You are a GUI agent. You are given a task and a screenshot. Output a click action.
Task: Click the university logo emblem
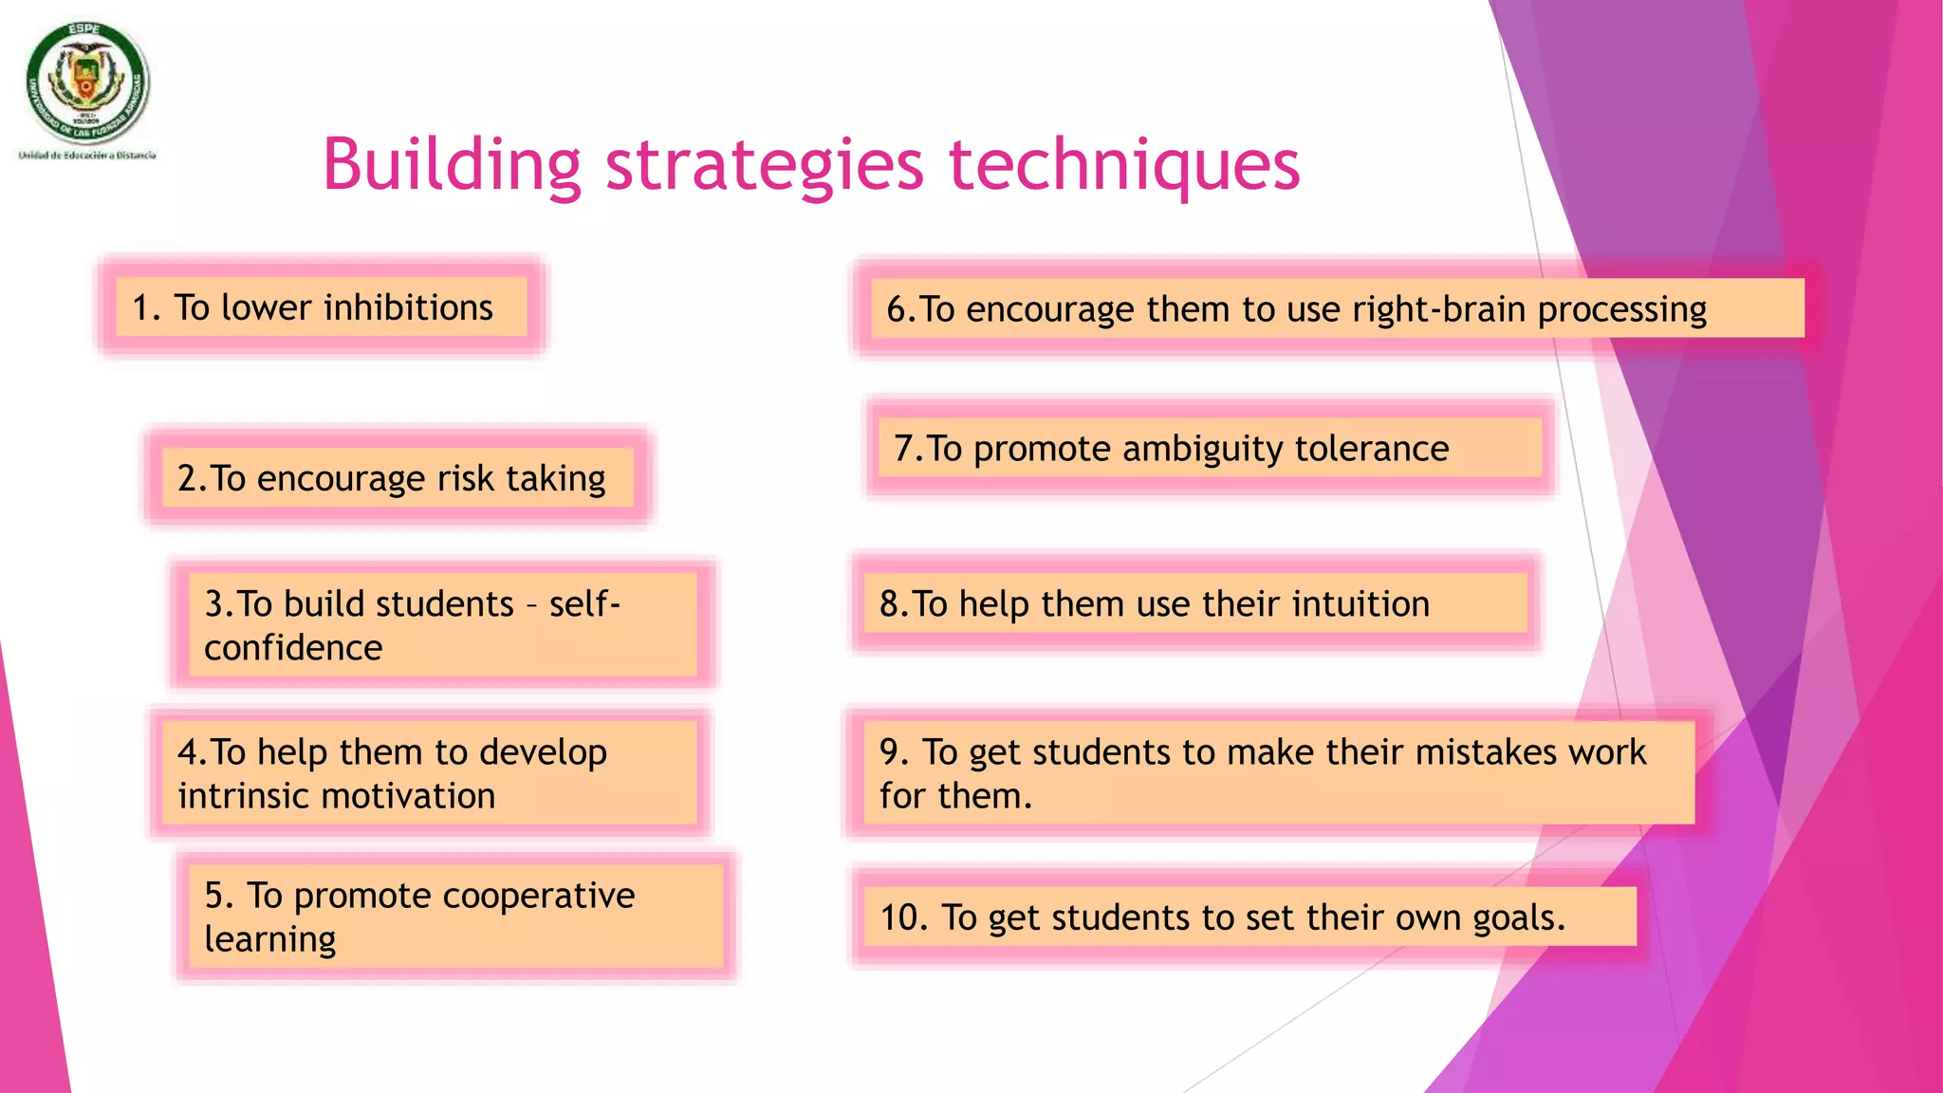pyautogui.click(x=87, y=83)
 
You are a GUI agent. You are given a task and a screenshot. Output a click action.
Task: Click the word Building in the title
pyautogui.click(x=451, y=164)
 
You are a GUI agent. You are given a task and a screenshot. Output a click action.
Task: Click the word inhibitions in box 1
pyautogui.click(x=408, y=307)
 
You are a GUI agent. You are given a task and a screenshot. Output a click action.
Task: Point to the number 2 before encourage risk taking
pyautogui.click(x=187, y=478)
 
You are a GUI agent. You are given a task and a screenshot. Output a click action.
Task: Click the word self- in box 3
pyautogui.click(x=584, y=603)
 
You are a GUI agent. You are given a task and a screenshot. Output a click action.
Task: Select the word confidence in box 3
pyautogui.click(x=293, y=648)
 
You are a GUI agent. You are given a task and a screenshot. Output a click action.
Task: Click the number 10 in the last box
pyautogui.click(x=901, y=917)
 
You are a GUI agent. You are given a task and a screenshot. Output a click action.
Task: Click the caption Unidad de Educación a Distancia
pyautogui.click(x=87, y=155)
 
